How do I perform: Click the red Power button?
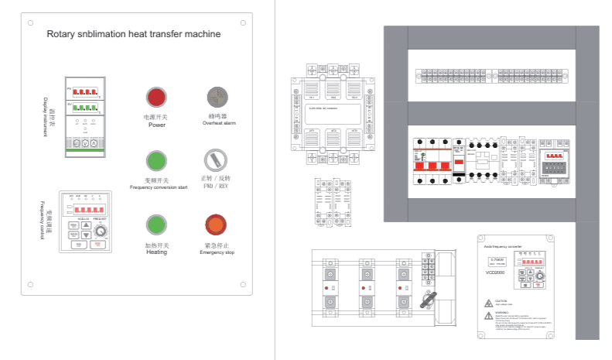(x=156, y=98)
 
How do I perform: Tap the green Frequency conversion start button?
(x=156, y=161)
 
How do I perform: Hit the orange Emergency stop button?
(x=216, y=225)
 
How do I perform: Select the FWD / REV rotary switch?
(x=216, y=160)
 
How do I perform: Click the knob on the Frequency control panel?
(x=100, y=231)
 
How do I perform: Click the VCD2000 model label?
(x=495, y=272)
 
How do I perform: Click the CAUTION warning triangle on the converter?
(x=489, y=301)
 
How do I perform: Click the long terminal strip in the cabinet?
(x=491, y=76)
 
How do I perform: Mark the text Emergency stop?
(x=216, y=252)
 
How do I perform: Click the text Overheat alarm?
(x=219, y=122)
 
